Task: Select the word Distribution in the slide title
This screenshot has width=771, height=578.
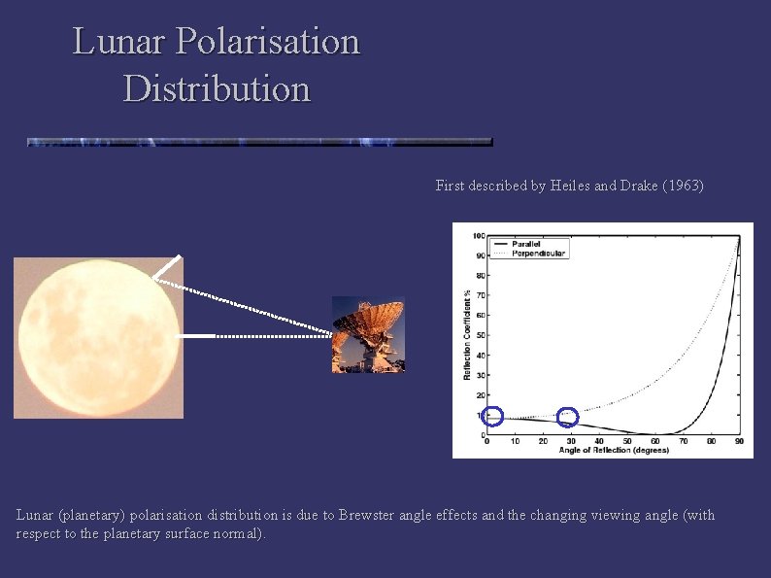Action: (x=217, y=88)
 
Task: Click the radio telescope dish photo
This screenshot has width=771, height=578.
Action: (x=368, y=334)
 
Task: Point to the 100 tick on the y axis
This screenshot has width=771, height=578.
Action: (x=479, y=235)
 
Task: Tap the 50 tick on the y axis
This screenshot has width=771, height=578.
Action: (x=481, y=335)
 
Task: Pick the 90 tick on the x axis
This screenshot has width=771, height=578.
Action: (x=739, y=441)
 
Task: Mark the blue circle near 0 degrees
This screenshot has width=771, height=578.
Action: (x=492, y=416)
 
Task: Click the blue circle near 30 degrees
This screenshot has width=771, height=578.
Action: (x=568, y=417)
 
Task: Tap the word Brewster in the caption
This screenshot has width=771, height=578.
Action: (x=370, y=515)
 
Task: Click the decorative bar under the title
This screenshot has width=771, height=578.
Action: (x=259, y=141)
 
